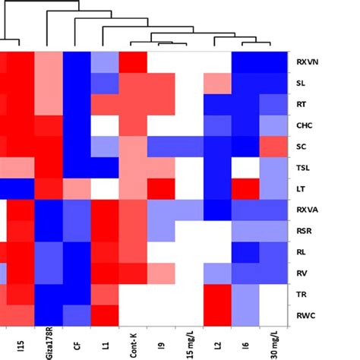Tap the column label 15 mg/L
(x=189, y=341)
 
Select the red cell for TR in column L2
(x=217, y=289)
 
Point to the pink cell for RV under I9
(x=161, y=269)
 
